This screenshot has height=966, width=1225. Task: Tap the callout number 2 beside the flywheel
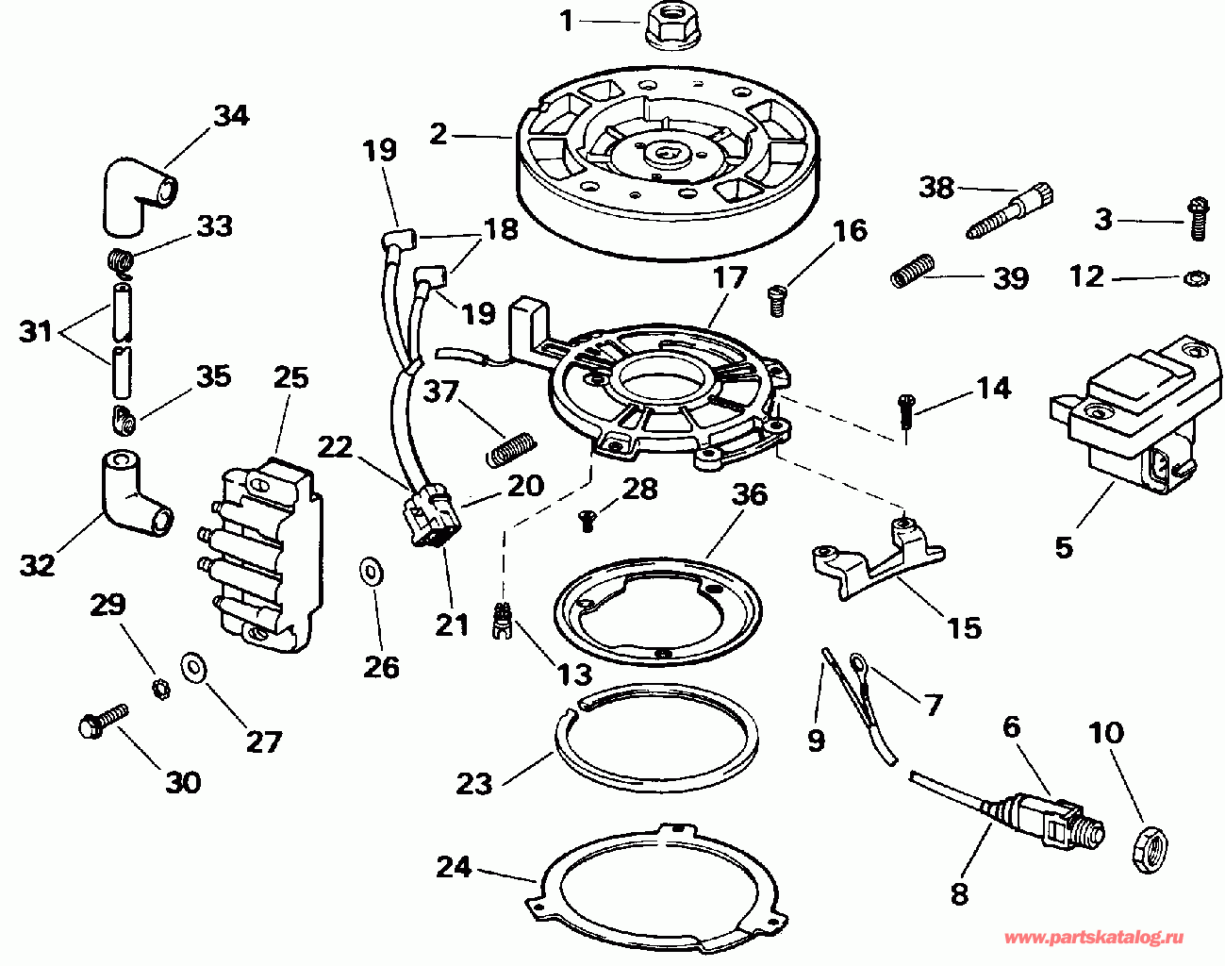[439, 135]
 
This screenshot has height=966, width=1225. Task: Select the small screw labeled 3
[1198, 218]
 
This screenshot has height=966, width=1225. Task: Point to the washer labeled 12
[1196, 278]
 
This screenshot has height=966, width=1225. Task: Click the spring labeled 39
[913, 270]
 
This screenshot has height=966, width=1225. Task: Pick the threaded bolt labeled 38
[1010, 212]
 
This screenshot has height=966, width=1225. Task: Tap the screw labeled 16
[776, 300]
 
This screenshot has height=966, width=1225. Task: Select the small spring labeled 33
[121, 263]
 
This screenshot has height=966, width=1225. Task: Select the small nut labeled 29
[161, 691]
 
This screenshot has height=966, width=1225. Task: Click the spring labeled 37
[511, 449]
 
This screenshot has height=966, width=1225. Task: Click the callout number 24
[454, 868]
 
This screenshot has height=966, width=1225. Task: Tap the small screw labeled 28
[587, 520]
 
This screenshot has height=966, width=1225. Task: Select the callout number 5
[1064, 547]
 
